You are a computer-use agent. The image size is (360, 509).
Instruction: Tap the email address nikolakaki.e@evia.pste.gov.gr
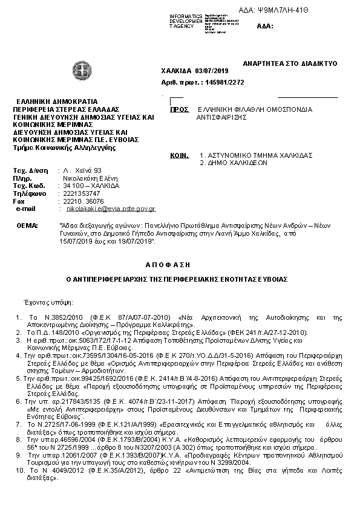[111, 209]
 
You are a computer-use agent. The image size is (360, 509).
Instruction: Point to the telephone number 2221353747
[83, 193]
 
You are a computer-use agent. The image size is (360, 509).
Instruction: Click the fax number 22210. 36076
[84, 201]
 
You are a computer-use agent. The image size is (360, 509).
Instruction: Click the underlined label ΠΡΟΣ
[177, 111]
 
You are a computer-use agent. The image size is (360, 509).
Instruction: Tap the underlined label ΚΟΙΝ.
[179, 155]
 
